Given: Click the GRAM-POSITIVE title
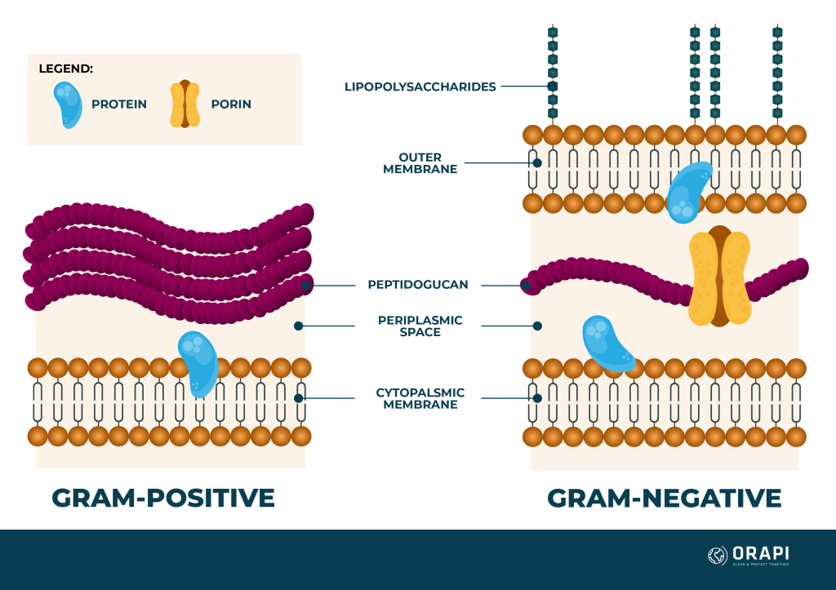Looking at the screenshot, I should click(x=163, y=498).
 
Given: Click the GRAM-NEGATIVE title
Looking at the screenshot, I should click(x=664, y=498).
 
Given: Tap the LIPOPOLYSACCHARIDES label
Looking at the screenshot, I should click(x=420, y=87).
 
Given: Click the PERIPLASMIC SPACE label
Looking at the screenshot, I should click(x=420, y=326).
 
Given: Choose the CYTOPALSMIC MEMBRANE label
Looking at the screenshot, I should click(x=420, y=398).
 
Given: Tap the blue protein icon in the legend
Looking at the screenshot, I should click(x=69, y=104).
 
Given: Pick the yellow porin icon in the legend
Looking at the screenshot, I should click(x=185, y=104).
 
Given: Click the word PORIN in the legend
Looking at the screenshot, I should click(x=231, y=104).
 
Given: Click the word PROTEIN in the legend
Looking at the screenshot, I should click(x=119, y=104).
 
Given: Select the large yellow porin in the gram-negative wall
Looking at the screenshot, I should click(x=719, y=277).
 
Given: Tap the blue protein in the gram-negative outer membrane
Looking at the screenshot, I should click(x=687, y=193).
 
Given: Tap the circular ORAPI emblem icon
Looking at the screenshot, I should click(x=717, y=556).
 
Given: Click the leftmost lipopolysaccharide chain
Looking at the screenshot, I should click(x=553, y=73).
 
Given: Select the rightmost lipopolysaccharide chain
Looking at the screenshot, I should click(x=777, y=73).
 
